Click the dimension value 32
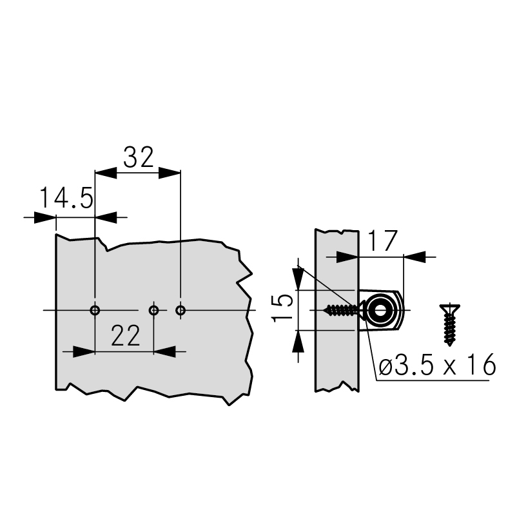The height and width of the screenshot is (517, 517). [139, 157]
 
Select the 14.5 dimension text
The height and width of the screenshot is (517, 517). [67, 198]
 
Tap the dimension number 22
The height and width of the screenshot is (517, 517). [126, 336]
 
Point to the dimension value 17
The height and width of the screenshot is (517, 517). [382, 241]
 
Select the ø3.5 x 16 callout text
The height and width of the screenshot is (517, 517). [437, 365]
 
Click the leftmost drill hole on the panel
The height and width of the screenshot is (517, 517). [95, 310]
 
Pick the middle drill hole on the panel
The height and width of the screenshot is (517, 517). [153, 310]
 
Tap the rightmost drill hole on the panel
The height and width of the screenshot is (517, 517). [180, 310]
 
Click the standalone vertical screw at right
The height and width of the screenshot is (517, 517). [449, 325]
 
